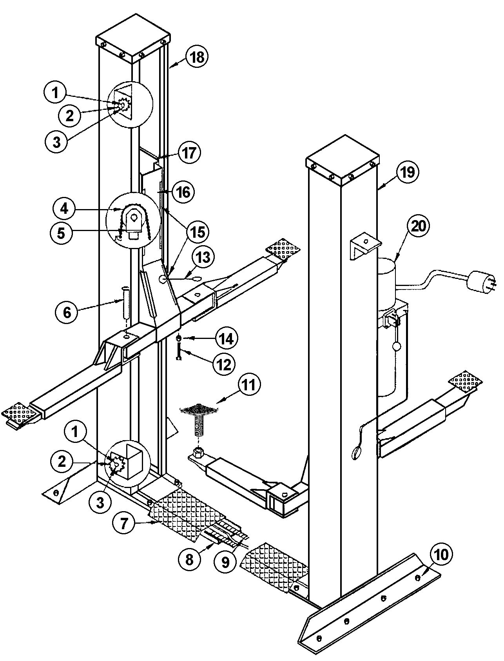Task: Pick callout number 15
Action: click(x=197, y=232)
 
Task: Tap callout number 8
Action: click(x=190, y=559)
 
